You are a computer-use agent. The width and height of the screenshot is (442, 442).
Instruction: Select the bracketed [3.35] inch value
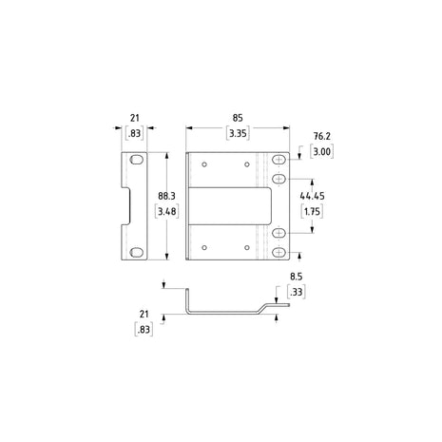click(238, 135)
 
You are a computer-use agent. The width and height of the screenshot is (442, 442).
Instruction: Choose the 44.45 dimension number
click(312, 196)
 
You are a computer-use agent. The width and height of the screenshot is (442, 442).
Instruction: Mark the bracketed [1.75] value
click(312, 212)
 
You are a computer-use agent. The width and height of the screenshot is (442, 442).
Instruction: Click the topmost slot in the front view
click(279, 161)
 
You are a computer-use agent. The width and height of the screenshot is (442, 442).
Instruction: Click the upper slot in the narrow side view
click(137, 160)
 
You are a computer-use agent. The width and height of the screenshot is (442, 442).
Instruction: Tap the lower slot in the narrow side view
click(137, 251)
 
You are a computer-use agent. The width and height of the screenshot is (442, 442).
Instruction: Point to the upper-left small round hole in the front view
click(204, 163)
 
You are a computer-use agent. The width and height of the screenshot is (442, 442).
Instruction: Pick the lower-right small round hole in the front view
click(246, 247)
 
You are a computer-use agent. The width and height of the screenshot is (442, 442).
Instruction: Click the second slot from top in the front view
click(279, 178)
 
